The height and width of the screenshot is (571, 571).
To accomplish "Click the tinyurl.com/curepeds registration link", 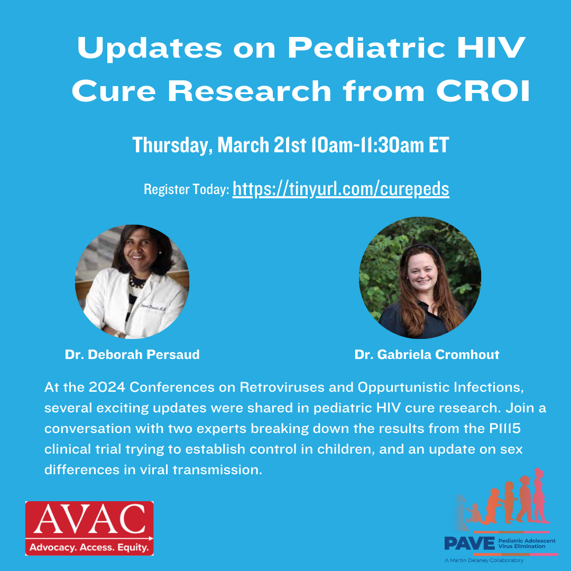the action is [x=341, y=189].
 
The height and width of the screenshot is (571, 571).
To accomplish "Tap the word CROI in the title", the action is [x=483, y=91].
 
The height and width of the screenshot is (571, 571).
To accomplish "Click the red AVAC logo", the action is [x=89, y=528].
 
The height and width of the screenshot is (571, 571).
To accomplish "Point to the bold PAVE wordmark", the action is [x=469, y=544].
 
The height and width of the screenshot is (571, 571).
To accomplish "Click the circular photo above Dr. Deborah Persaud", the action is [x=132, y=281].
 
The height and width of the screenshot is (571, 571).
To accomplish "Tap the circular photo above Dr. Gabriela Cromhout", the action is [x=420, y=278].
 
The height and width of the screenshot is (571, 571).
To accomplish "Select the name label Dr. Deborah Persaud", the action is [x=132, y=354].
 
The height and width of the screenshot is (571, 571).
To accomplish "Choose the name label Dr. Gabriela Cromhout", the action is [x=427, y=354].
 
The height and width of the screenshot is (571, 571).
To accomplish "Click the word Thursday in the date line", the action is [x=172, y=145].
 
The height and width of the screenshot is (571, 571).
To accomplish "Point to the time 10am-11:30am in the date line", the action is [x=368, y=145].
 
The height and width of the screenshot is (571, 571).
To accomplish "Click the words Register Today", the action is [x=187, y=189].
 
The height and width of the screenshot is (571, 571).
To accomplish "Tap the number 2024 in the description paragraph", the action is [x=107, y=387].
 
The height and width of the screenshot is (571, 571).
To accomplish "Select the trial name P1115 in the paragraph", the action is [x=505, y=428].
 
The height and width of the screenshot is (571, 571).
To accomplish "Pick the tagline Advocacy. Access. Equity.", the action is [x=89, y=547].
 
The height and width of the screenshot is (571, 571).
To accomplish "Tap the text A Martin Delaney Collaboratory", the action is [x=484, y=560].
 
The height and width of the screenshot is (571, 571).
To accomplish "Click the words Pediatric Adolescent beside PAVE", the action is [x=527, y=541].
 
